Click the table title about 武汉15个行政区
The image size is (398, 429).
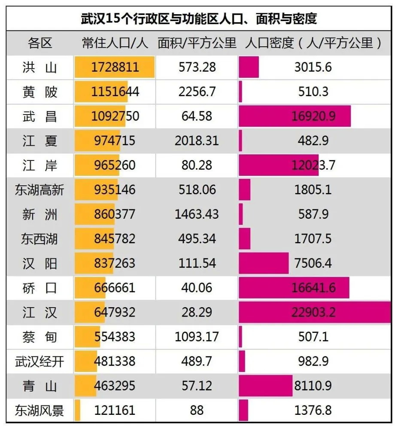pos(199,18)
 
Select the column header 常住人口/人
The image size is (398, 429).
pos(115,43)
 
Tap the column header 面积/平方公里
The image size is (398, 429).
pos(197,43)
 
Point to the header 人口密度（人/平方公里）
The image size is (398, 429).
pos(314,43)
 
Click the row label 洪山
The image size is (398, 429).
pos(39,67)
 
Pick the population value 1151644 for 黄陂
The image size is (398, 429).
pos(115,92)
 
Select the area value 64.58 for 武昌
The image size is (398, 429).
pos(197,116)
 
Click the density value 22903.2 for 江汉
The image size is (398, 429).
pos(313,312)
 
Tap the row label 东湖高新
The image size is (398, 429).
pos(39,190)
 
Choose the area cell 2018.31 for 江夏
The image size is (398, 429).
pos(197,141)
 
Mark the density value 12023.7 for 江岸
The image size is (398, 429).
pos(313,165)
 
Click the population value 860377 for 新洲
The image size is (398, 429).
pos(115,214)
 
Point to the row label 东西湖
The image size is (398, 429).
pos(39,239)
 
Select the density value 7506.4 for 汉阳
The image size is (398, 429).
pos(313,263)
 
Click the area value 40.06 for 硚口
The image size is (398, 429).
pos(197,287)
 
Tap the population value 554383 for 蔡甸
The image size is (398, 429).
pos(115,337)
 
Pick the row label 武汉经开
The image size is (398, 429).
pos(39,361)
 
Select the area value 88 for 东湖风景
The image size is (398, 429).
pos(197,410)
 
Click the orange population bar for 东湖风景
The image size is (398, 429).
pos(77,410)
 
